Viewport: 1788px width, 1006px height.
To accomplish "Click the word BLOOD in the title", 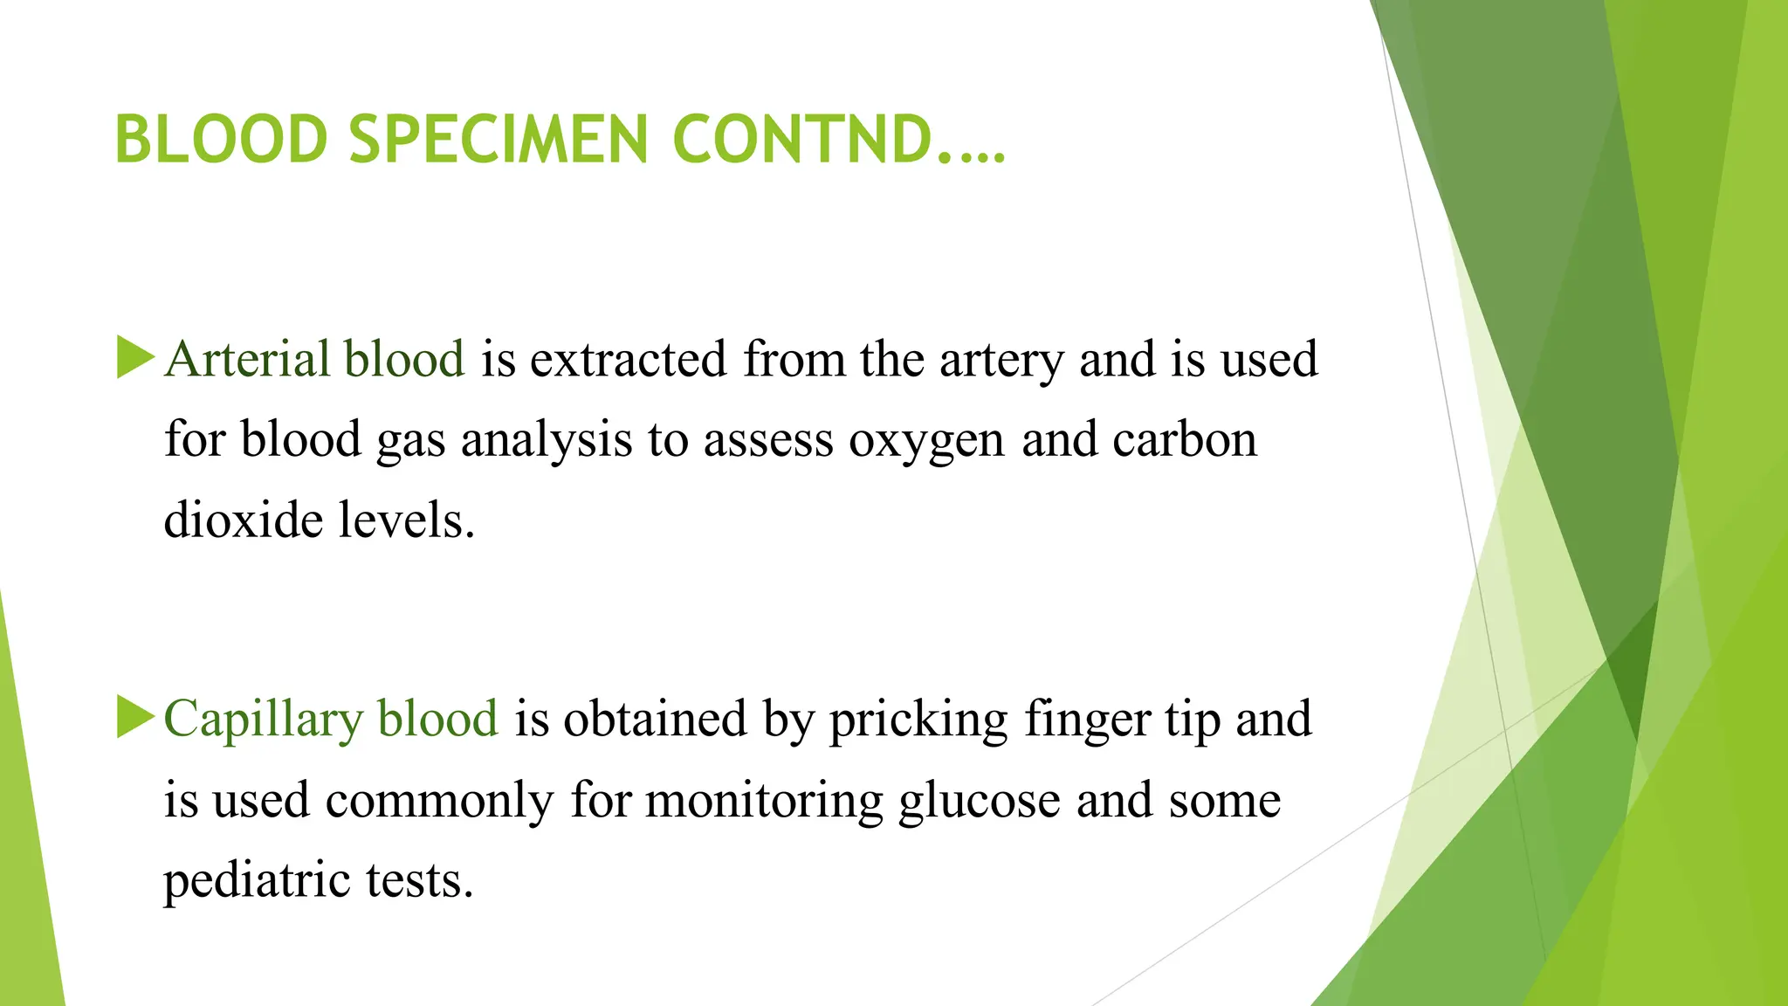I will coord(221,140).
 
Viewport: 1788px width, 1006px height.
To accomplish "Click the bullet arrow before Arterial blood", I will coord(135,357).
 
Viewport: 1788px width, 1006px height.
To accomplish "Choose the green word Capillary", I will coord(264,720).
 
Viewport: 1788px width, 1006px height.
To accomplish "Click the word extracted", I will coord(629,359).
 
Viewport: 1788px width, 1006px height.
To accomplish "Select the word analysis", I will coord(547,440).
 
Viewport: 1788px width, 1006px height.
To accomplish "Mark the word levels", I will coord(406,520).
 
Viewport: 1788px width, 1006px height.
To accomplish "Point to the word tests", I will coord(419,880).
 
